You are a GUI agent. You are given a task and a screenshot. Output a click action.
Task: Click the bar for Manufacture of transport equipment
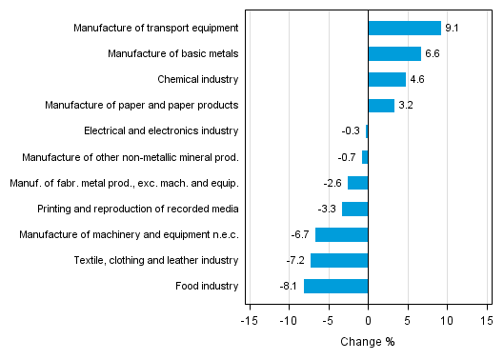pos(404,28)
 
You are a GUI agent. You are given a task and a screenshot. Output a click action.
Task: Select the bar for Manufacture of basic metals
pos(394,53)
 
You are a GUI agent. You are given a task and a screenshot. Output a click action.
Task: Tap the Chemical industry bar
pos(387,79)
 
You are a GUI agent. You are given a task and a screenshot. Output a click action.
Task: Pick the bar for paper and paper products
pos(381,105)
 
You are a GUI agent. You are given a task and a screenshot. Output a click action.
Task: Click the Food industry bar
pos(335,286)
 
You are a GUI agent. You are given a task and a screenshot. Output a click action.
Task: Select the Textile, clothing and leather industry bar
pos(339,260)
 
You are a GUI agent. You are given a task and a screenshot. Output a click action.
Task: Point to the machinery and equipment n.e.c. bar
pos(341,234)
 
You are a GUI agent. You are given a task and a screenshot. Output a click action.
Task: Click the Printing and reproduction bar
pos(354,209)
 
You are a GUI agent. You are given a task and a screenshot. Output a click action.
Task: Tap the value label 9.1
pos(451,29)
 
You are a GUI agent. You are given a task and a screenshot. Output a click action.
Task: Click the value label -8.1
pos(292,286)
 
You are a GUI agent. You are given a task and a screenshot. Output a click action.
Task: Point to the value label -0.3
pos(352,131)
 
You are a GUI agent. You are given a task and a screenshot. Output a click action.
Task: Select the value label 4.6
pos(416,80)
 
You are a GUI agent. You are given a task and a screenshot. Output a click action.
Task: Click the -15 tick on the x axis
pos(250,321)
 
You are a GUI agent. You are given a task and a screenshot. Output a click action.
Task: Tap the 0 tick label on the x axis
pos(368,321)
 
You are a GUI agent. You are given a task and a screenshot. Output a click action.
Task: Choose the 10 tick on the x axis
pos(447,321)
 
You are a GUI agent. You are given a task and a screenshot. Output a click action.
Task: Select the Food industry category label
pos(208,286)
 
